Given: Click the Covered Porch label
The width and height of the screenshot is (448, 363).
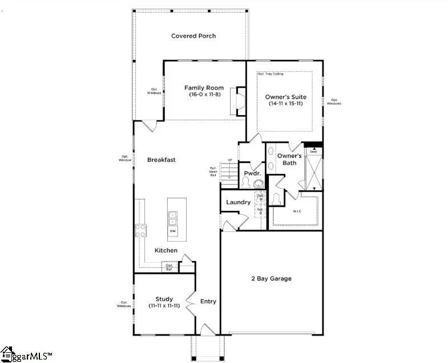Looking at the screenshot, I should click(193, 36).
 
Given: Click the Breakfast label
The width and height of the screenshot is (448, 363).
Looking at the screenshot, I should click(161, 160).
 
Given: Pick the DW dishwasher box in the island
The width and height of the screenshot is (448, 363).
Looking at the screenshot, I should click(172, 231).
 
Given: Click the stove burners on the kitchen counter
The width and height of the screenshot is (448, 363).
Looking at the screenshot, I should click(140, 230).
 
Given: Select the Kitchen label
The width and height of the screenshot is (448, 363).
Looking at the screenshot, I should click(166, 251).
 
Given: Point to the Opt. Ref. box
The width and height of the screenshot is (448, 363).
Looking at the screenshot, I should click(169, 266).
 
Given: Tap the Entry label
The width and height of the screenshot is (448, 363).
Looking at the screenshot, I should click(208, 301).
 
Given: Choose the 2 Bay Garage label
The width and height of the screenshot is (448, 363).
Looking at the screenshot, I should click(272, 279).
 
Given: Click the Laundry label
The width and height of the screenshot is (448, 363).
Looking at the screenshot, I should click(238, 202).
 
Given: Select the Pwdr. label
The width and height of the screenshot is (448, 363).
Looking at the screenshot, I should click(252, 173).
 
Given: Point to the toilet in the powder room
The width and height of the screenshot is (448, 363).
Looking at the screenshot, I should click(247, 182).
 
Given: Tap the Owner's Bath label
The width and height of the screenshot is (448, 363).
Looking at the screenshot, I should click(289, 160).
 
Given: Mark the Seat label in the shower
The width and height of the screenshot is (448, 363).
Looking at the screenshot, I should click(313, 152).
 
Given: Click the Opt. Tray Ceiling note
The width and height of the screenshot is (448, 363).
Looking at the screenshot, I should click(271, 74).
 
